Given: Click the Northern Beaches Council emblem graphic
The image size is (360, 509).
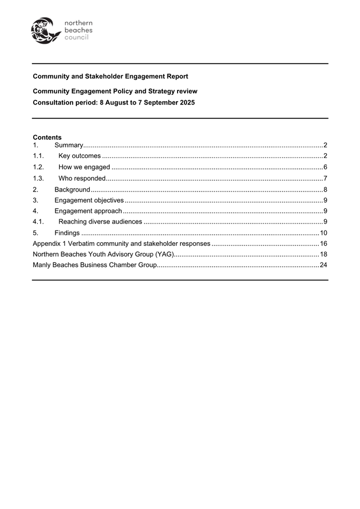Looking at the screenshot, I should [45, 30].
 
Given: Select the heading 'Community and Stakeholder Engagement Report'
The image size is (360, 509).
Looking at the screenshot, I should [110, 77].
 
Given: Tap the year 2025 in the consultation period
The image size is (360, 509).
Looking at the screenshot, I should [187, 102].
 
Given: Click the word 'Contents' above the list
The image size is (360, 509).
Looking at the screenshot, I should [47, 138].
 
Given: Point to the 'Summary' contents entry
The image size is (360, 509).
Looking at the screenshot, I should [68, 145].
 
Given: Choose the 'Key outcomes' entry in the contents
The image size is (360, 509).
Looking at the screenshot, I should [79, 156].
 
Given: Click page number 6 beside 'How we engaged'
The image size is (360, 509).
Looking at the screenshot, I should [325, 168].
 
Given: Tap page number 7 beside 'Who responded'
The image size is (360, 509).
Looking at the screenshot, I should [325, 178].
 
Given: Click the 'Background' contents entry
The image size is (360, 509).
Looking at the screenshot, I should [72, 189].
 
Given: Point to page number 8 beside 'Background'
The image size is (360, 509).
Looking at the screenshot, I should [325, 189].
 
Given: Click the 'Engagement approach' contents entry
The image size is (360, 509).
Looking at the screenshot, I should [88, 211].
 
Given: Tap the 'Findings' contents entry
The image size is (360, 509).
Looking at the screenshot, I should [67, 233].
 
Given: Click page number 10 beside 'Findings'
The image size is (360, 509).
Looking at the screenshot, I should [323, 233].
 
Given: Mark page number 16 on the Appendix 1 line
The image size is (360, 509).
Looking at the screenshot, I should [323, 244].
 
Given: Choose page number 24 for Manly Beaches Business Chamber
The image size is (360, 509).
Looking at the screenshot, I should [323, 265].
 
